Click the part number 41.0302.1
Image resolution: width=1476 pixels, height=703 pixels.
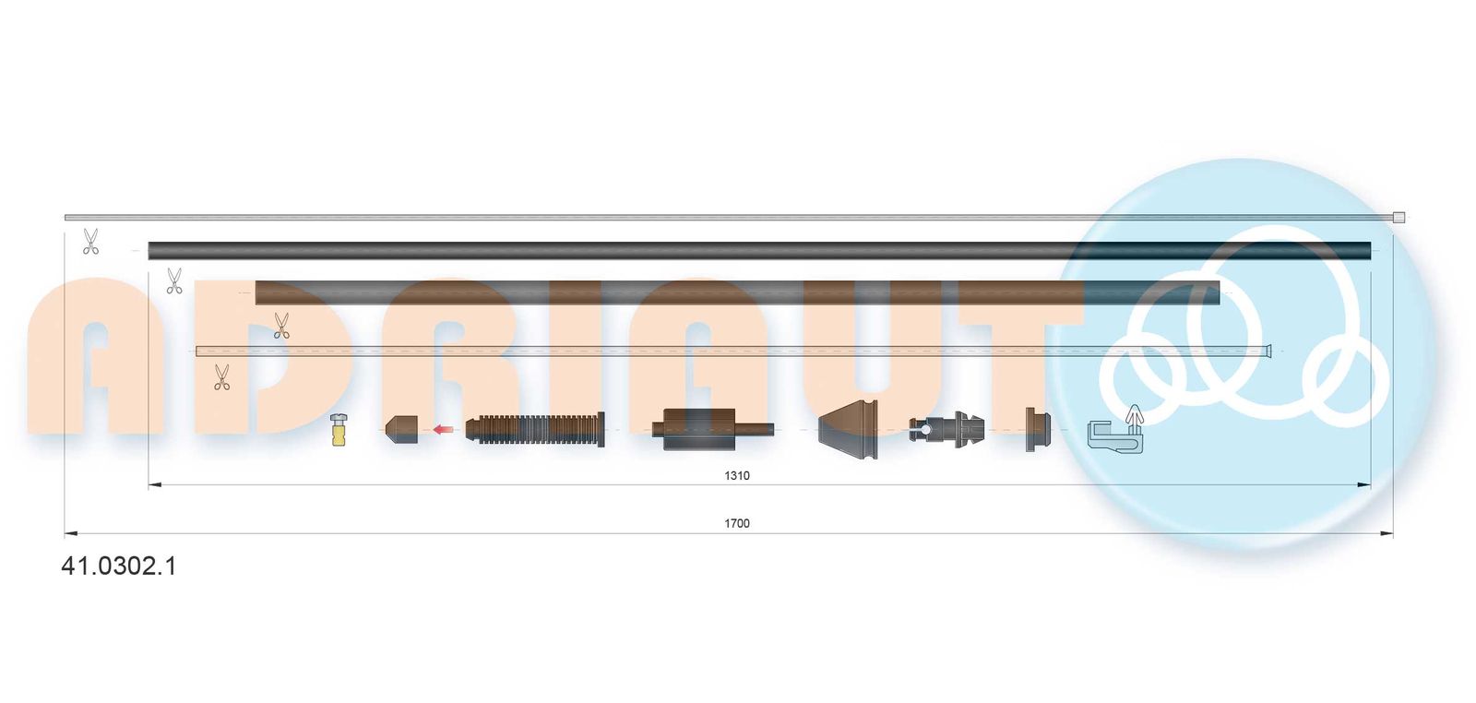click(x=119, y=566)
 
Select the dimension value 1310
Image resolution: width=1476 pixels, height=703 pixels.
click(x=737, y=476)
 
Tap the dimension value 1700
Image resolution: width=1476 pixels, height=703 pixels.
click(x=737, y=524)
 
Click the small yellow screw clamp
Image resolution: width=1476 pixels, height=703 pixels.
click(x=338, y=430)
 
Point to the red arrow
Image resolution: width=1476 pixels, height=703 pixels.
click(x=443, y=430)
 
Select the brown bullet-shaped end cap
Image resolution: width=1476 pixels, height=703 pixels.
click(x=401, y=429)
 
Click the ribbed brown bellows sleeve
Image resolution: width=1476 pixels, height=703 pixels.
click(x=534, y=430)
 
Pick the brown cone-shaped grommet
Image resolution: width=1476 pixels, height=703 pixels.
click(x=848, y=430)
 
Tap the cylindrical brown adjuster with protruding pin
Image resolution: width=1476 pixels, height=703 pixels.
click(x=712, y=430)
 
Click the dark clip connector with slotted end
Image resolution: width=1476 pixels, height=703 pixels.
click(x=946, y=430)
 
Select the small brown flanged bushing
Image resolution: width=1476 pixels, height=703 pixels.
click(x=1037, y=430)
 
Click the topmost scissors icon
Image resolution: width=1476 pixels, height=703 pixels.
click(x=90, y=241)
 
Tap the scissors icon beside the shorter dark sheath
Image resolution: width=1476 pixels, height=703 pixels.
click(x=174, y=280)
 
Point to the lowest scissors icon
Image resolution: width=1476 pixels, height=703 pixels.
click(x=222, y=376)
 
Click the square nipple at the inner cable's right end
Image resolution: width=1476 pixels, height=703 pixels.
click(x=1399, y=218)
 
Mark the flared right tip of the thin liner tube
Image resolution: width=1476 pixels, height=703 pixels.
click(x=1268, y=351)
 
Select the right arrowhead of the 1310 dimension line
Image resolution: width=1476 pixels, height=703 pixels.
click(x=1364, y=485)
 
